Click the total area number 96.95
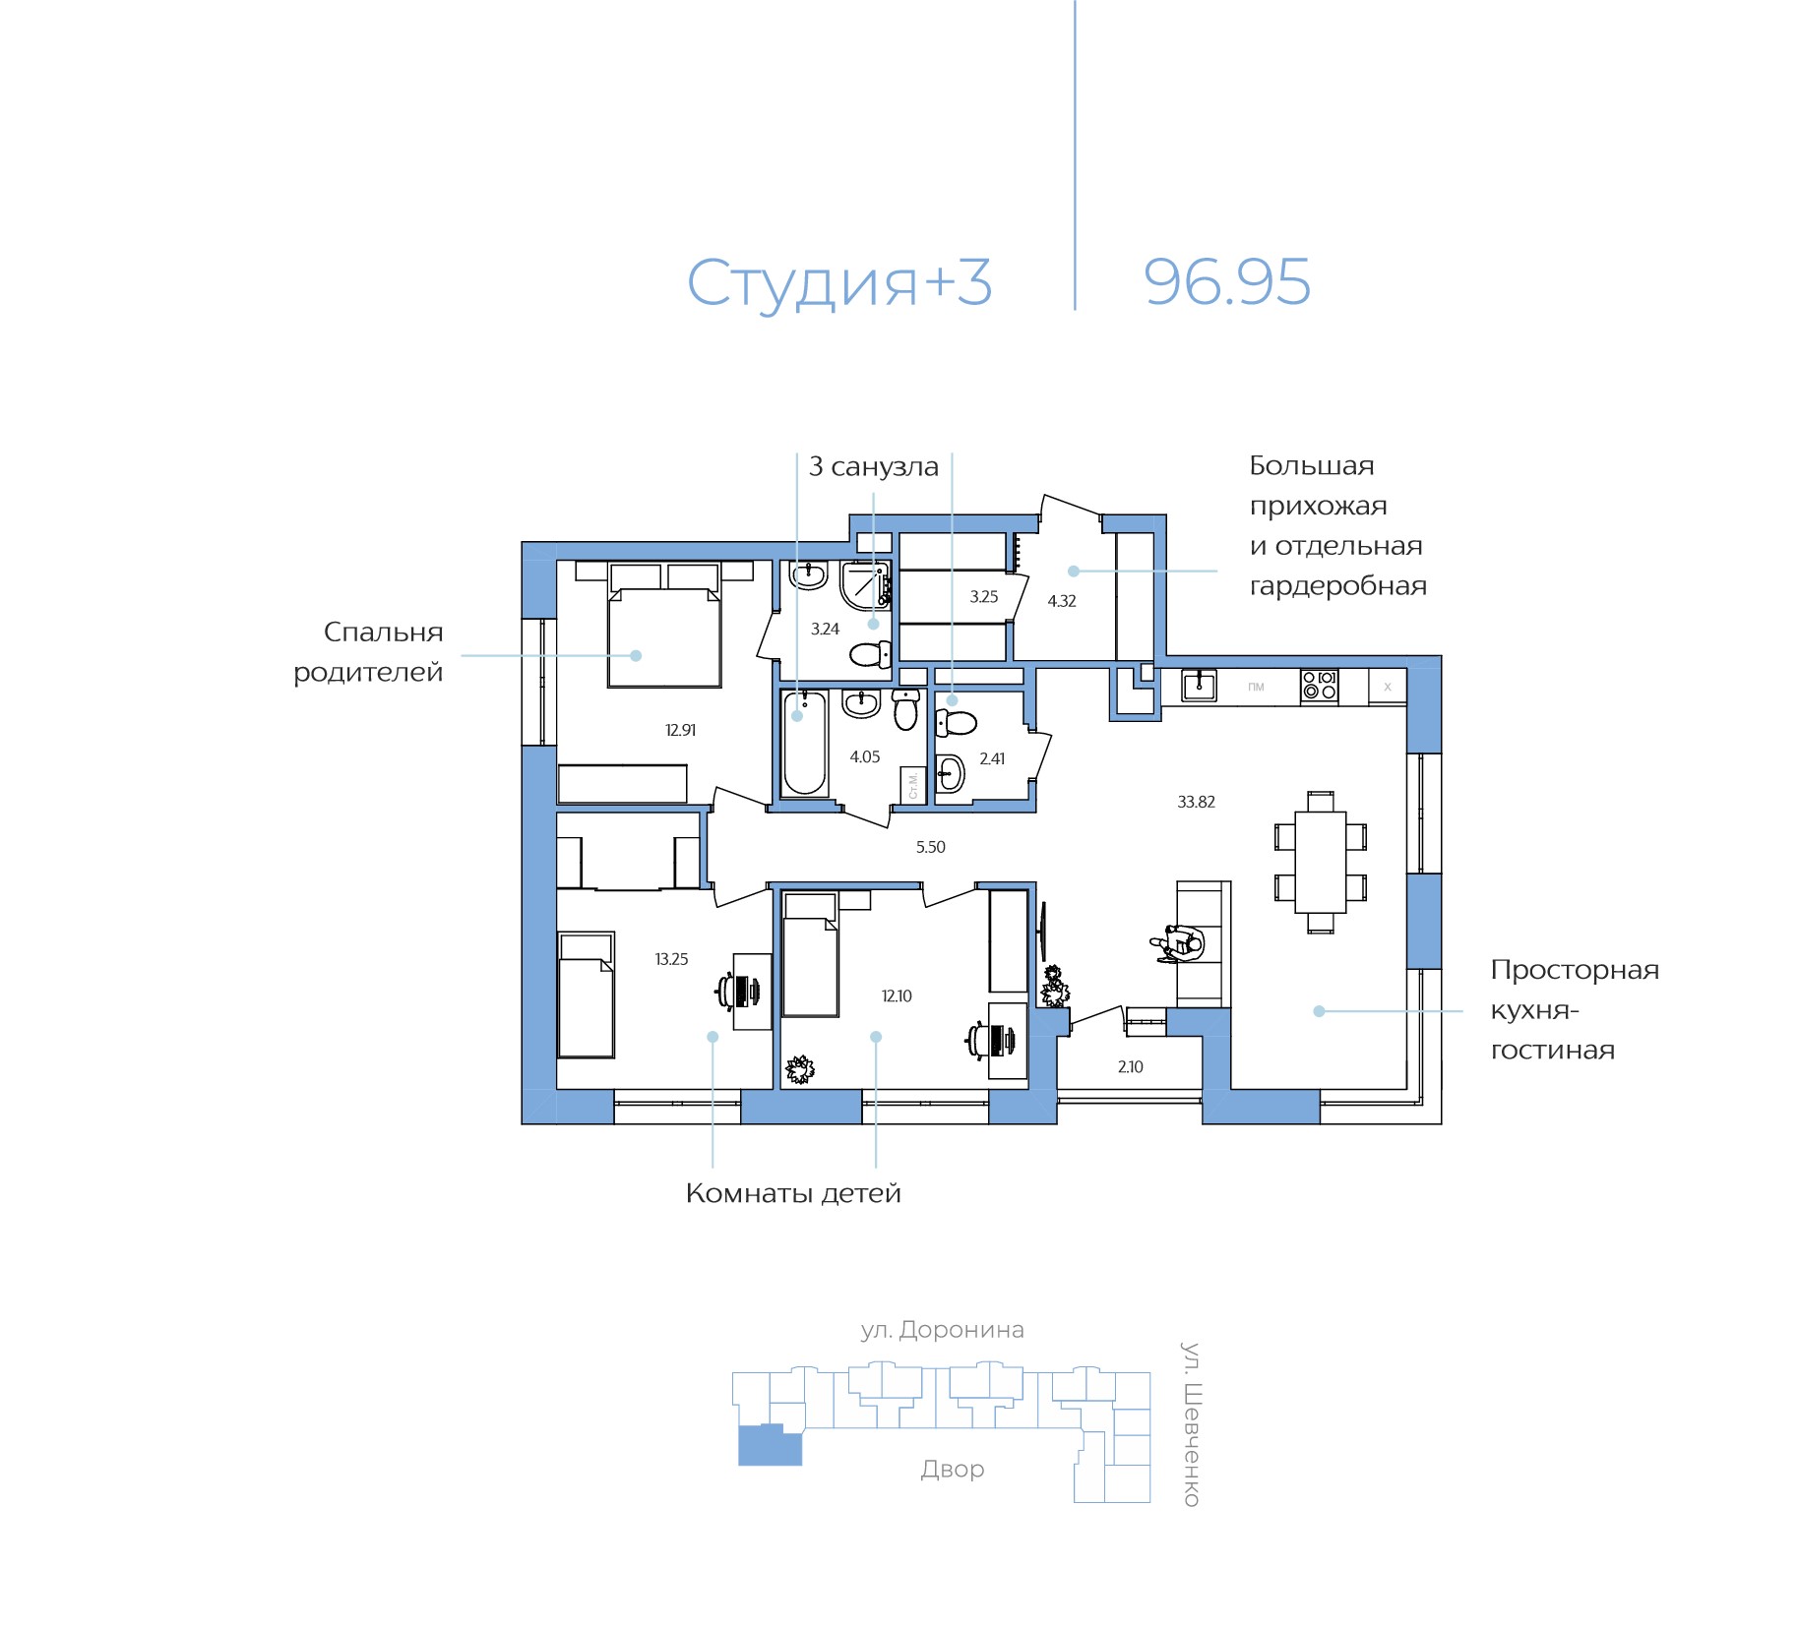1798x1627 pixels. coord(1226,282)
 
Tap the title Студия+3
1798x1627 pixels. coord(838,283)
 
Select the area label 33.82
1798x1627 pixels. coord(1196,802)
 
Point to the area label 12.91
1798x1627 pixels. coord(680,730)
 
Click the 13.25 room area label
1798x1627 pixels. coord(671,959)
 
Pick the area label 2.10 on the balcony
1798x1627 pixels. coord(1130,1066)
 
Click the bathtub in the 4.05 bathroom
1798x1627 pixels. coord(804,743)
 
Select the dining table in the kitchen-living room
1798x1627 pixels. coord(1320,862)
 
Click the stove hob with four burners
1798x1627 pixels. coord(1319,685)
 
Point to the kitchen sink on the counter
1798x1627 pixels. coord(1199,685)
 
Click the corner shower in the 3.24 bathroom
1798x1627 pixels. coord(865,585)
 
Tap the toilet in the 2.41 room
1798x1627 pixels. coord(954,723)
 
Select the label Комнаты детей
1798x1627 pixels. coord(793,1193)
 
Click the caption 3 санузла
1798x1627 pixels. coord(873,466)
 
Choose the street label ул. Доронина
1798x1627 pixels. coord(942,1330)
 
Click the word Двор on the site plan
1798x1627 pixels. coord(952,1469)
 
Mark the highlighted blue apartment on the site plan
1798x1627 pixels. coord(770,1446)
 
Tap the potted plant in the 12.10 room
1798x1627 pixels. coord(799,1069)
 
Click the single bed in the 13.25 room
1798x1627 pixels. coord(587,995)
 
